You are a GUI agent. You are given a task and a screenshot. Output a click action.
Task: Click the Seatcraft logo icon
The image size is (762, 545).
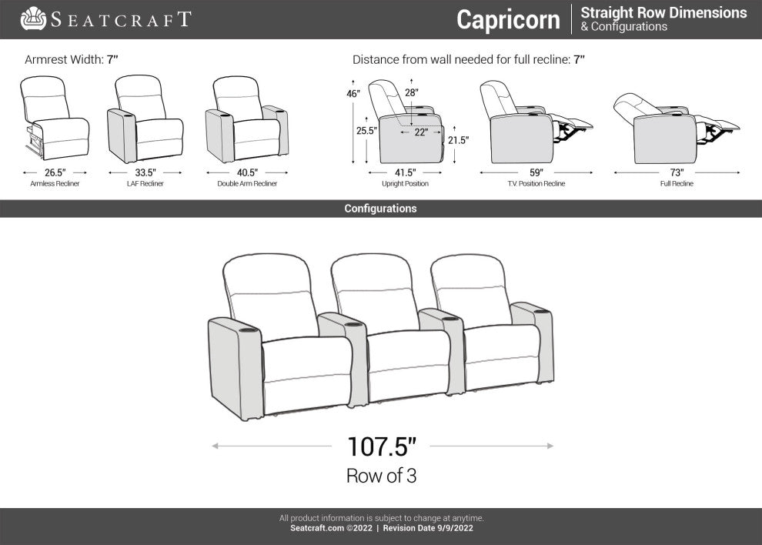tap(33, 18)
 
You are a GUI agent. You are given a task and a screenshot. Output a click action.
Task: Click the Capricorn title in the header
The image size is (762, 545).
tap(508, 20)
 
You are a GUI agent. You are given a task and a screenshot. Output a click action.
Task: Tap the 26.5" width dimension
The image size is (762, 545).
tap(55, 172)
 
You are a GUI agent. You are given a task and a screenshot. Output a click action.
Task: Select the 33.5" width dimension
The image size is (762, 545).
tap(145, 172)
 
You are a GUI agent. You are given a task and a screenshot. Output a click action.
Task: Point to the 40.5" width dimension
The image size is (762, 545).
tap(247, 172)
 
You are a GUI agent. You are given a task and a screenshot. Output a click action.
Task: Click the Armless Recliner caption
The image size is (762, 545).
tap(55, 184)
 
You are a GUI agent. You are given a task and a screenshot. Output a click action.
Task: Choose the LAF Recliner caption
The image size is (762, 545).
tap(145, 184)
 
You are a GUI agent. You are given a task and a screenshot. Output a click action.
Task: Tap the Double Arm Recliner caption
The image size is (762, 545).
tap(247, 184)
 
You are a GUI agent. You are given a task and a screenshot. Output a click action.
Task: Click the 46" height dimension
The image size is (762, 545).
tap(353, 93)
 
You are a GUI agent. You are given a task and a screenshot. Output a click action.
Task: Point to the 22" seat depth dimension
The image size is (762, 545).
tap(421, 132)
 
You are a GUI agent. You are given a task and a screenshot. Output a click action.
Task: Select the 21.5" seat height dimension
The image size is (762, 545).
tap(458, 141)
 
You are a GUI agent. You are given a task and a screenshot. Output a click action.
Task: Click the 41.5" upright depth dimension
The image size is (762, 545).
tap(406, 172)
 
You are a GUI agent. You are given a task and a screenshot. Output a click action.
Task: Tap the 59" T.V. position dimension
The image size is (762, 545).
tap(536, 172)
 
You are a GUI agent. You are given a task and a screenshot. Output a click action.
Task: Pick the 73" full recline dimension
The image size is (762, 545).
tap(677, 172)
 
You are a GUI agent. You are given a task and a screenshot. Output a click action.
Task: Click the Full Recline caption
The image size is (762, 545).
tap(677, 184)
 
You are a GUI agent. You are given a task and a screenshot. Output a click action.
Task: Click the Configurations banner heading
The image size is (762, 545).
tap(380, 209)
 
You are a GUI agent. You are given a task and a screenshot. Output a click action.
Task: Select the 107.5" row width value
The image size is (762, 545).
tap(382, 446)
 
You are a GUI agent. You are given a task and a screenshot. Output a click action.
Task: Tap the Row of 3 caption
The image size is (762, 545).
tap(382, 476)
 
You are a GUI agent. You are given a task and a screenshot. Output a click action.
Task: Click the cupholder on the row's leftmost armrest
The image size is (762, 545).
tap(248, 330)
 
